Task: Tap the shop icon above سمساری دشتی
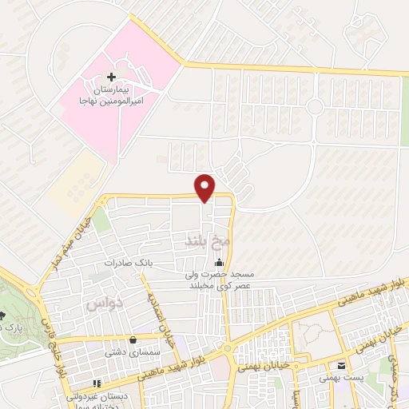click(132, 340)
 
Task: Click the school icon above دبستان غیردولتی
click(97, 384)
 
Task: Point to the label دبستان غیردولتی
click(101, 396)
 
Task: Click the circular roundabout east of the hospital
click(316, 106)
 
